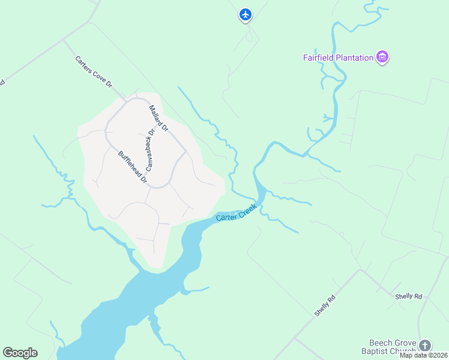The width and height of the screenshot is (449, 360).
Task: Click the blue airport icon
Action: coord(245,14)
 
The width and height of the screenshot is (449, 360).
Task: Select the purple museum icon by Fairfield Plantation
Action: coord(382,58)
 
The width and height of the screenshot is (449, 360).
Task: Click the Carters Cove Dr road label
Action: coord(94,72)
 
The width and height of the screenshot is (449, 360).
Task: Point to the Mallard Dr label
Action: coord(159,119)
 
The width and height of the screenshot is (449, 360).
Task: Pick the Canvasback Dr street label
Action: coord(150,148)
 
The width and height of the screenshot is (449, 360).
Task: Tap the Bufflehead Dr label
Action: coord(133,167)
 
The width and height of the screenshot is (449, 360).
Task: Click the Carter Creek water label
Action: coord(237,212)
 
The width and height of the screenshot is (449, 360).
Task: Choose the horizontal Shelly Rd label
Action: coord(409,296)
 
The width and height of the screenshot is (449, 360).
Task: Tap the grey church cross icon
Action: coord(425,346)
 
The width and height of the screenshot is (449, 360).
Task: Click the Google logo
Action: coord(20,353)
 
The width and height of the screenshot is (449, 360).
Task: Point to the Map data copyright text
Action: coord(423,355)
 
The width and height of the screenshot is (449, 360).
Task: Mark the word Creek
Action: coord(247,209)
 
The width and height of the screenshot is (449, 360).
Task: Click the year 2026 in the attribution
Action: coord(439,355)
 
